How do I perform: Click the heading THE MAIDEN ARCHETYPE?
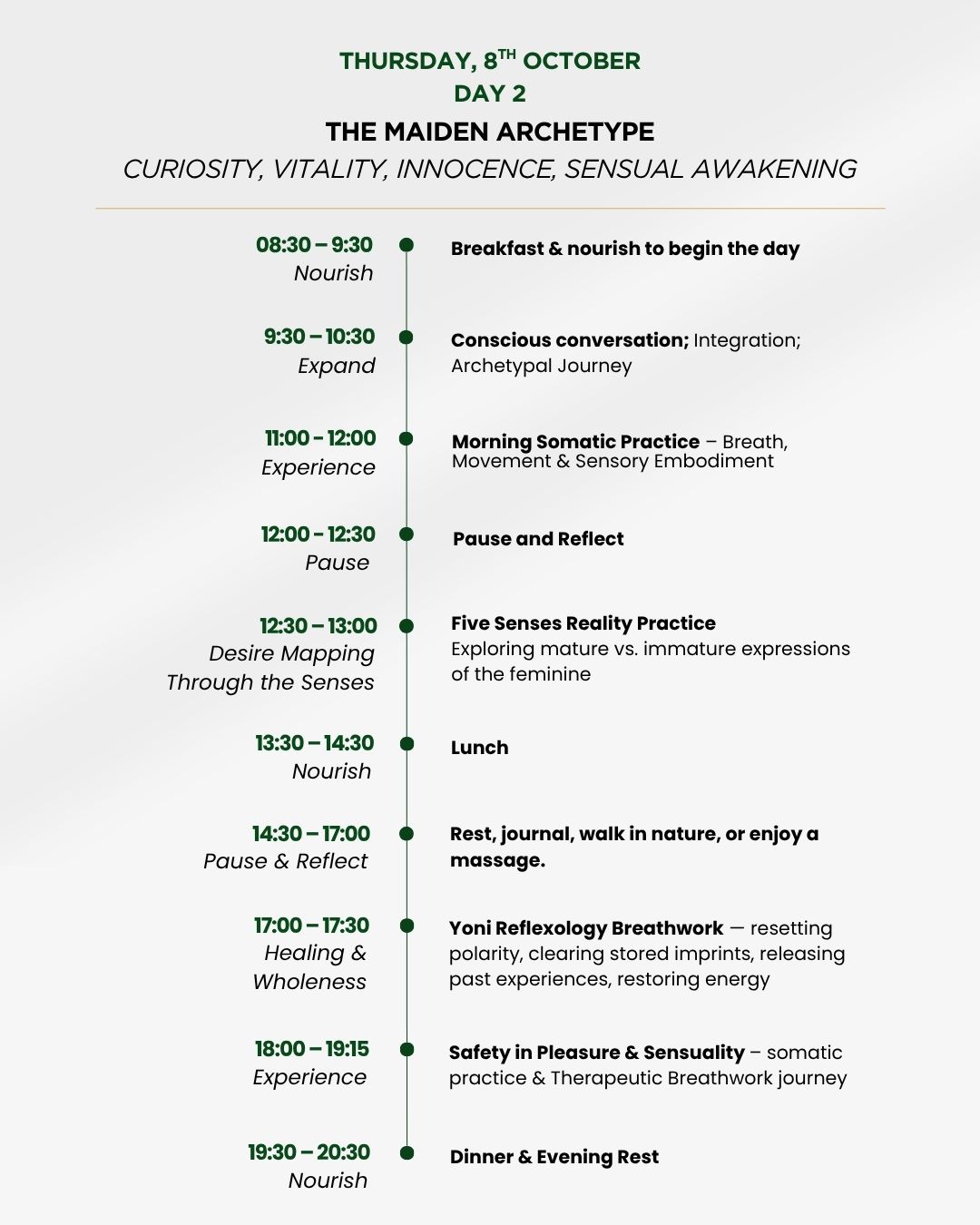(x=490, y=132)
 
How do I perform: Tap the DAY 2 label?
(x=490, y=93)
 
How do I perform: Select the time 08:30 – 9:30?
(x=314, y=245)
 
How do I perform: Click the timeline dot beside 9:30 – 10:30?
(x=407, y=338)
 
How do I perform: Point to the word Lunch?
(x=479, y=748)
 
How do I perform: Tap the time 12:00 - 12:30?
(x=318, y=534)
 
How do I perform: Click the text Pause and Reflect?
(x=538, y=539)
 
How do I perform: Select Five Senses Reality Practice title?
(x=583, y=623)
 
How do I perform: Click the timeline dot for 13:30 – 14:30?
(x=407, y=744)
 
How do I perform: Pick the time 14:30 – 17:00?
(x=311, y=834)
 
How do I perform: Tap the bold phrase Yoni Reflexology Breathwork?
(x=586, y=928)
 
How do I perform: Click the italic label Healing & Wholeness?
(x=311, y=967)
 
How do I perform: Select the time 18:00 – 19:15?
(x=311, y=1049)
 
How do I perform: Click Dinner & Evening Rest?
(x=554, y=1157)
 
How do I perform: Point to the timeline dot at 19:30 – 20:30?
(x=407, y=1153)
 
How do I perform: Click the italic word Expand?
(x=337, y=366)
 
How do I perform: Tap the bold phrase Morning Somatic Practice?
(x=575, y=442)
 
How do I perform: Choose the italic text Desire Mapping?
(x=291, y=653)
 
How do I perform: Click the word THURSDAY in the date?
(x=406, y=62)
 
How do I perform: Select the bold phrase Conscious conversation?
(x=570, y=340)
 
